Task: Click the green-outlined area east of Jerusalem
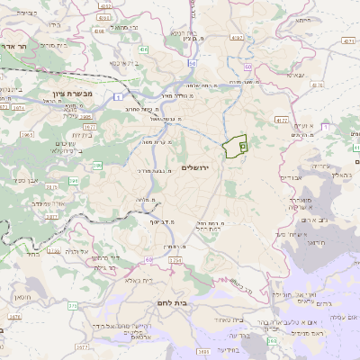click(236, 146)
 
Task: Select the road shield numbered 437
click(347, 41)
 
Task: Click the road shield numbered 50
click(193, 63)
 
